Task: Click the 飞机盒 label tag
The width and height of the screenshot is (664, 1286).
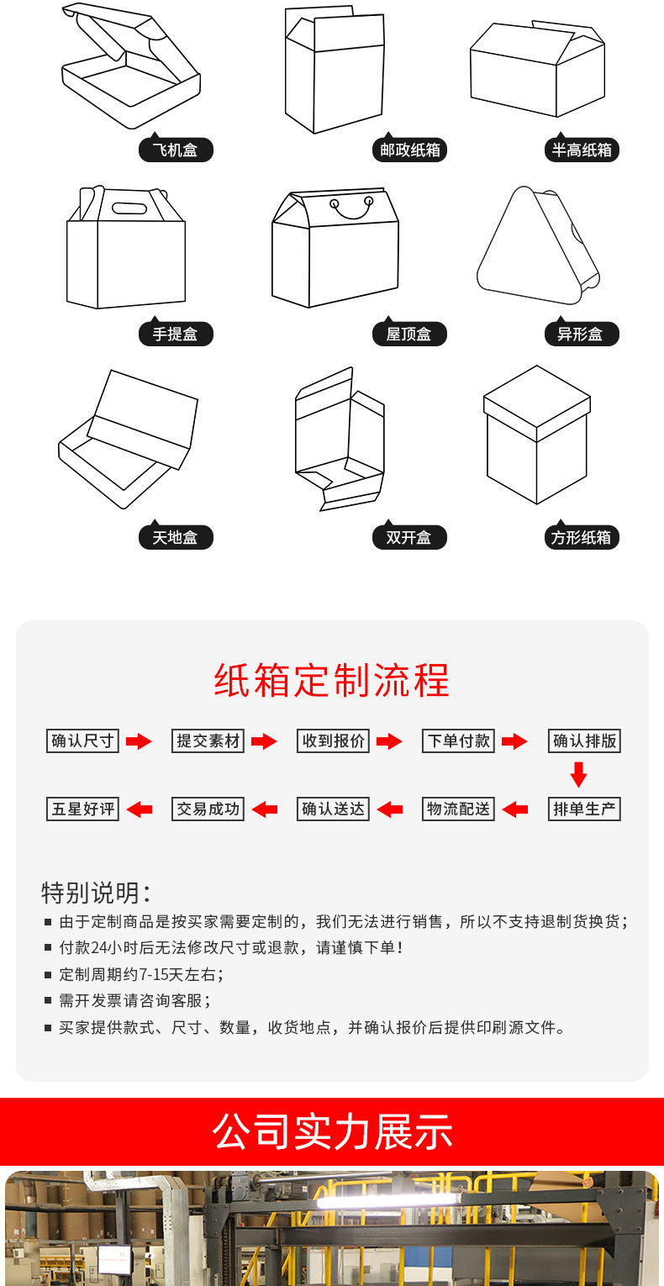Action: (176, 150)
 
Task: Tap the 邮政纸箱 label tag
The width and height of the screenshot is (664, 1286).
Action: (409, 150)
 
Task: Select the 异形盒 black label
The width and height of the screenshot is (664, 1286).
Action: (582, 334)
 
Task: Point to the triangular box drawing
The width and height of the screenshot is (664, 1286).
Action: (538, 245)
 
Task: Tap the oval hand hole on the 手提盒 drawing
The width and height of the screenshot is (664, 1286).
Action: (129, 208)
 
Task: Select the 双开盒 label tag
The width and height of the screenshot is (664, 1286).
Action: (409, 537)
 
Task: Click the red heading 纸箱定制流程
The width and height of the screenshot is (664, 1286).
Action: (332, 680)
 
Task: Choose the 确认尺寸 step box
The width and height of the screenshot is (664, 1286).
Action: (82, 741)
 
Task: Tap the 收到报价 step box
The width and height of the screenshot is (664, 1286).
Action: (333, 741)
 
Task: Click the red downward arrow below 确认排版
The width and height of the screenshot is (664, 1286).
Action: (578, 774)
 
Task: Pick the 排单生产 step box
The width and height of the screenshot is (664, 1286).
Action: (584, 809)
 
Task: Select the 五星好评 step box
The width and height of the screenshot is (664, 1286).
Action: (82, 809)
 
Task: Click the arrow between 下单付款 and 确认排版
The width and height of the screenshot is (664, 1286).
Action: (514, 741)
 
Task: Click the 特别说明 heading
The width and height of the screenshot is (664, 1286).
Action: (96, 893)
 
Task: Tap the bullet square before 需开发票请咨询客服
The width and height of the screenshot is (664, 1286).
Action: (48, 1000)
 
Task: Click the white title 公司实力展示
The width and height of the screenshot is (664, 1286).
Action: (332, 1131)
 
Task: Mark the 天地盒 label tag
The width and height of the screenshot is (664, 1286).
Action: (176, 537)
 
